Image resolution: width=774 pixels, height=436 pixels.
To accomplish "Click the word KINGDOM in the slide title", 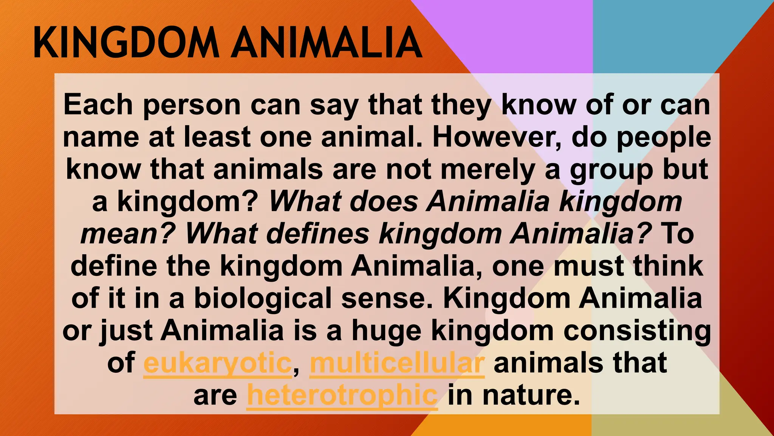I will pyautogui.click(x=126, y=42).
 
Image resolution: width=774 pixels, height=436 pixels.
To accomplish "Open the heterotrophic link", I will pyautogui.click(x=342, y=396).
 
